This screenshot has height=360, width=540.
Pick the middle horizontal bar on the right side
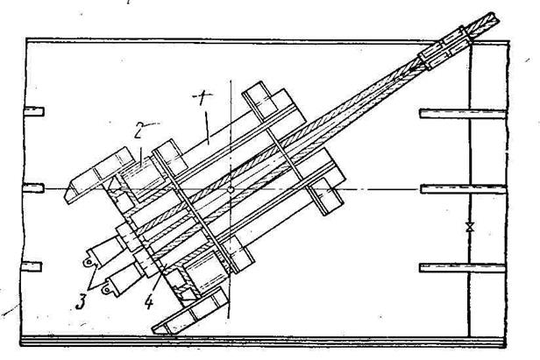[463, 187]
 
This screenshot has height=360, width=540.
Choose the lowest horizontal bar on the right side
[463, 265]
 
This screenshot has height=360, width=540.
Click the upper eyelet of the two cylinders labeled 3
[88, 261]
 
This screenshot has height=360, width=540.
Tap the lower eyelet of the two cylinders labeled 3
[106, 286]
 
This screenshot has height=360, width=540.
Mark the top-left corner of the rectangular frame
[26, 39]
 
